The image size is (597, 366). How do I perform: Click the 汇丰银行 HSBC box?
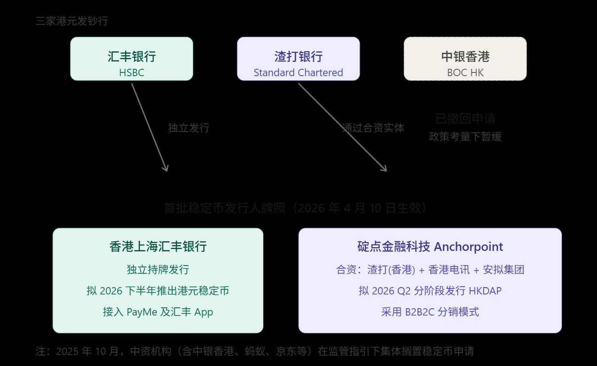tap(131, 59)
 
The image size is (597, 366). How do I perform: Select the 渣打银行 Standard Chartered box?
tap(298, 59)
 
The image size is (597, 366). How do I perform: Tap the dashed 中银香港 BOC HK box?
tap(465, 59)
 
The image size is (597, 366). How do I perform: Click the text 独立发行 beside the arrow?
tap(188, 128)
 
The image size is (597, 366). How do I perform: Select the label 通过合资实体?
tap(373, 128)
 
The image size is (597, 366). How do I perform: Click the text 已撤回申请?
tap(465, 119)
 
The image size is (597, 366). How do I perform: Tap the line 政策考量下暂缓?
tap(465, 136)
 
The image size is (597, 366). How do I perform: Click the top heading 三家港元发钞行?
tap(72, 21)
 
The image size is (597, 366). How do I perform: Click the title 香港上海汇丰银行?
tap(158, 247)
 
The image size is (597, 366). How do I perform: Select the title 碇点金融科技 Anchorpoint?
tap(430, 247)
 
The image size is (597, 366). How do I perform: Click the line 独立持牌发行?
tap(158, 269)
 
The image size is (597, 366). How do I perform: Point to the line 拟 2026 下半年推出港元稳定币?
tap(158, 291)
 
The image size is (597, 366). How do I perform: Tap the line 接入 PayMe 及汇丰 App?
tap(158, 312)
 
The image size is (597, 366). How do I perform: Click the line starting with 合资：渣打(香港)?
tap(430, 269)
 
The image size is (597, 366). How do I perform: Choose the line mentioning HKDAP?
tap(430, 291)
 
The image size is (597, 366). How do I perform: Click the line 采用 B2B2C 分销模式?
tap(430, 312)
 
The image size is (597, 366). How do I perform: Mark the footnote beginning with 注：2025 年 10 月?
tap(254, 352)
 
